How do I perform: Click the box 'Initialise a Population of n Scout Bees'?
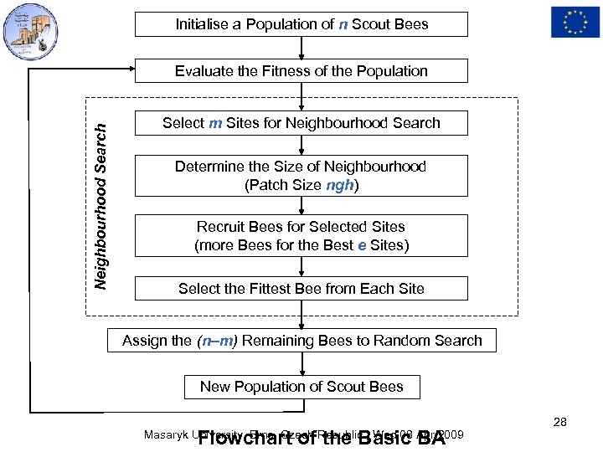pos(301,24)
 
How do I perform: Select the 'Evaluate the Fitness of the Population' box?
pos(301,71)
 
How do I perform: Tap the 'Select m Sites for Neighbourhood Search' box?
pos(301,123)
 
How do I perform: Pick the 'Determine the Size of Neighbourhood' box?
pos(301,176)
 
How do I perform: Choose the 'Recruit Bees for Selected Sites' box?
pos(301,236)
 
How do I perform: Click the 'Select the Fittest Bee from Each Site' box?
pos(301,289)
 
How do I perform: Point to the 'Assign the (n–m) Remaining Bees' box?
pos(301,341)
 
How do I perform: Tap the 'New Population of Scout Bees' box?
pos(301,387)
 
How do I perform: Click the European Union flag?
pos(575,22)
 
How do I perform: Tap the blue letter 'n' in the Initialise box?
pos(343,24)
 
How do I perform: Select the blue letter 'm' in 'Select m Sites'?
pos(215,123)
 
